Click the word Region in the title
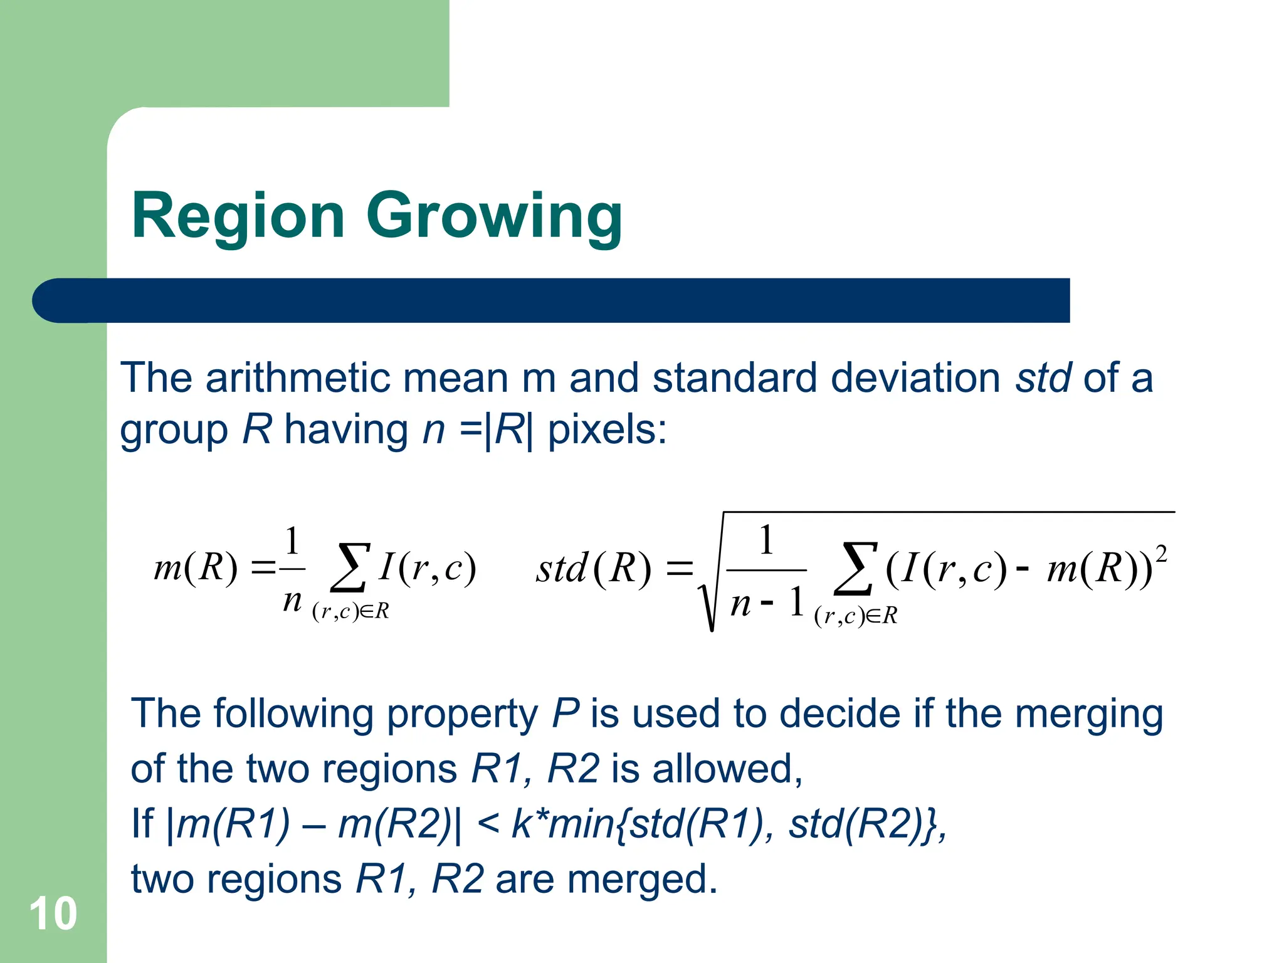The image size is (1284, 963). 238,216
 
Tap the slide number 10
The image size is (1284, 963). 53,913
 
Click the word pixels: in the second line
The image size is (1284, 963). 607,431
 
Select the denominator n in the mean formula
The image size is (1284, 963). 292,601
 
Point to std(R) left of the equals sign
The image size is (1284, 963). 593,569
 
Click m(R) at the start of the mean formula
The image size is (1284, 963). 196,567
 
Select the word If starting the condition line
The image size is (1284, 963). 142,824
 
